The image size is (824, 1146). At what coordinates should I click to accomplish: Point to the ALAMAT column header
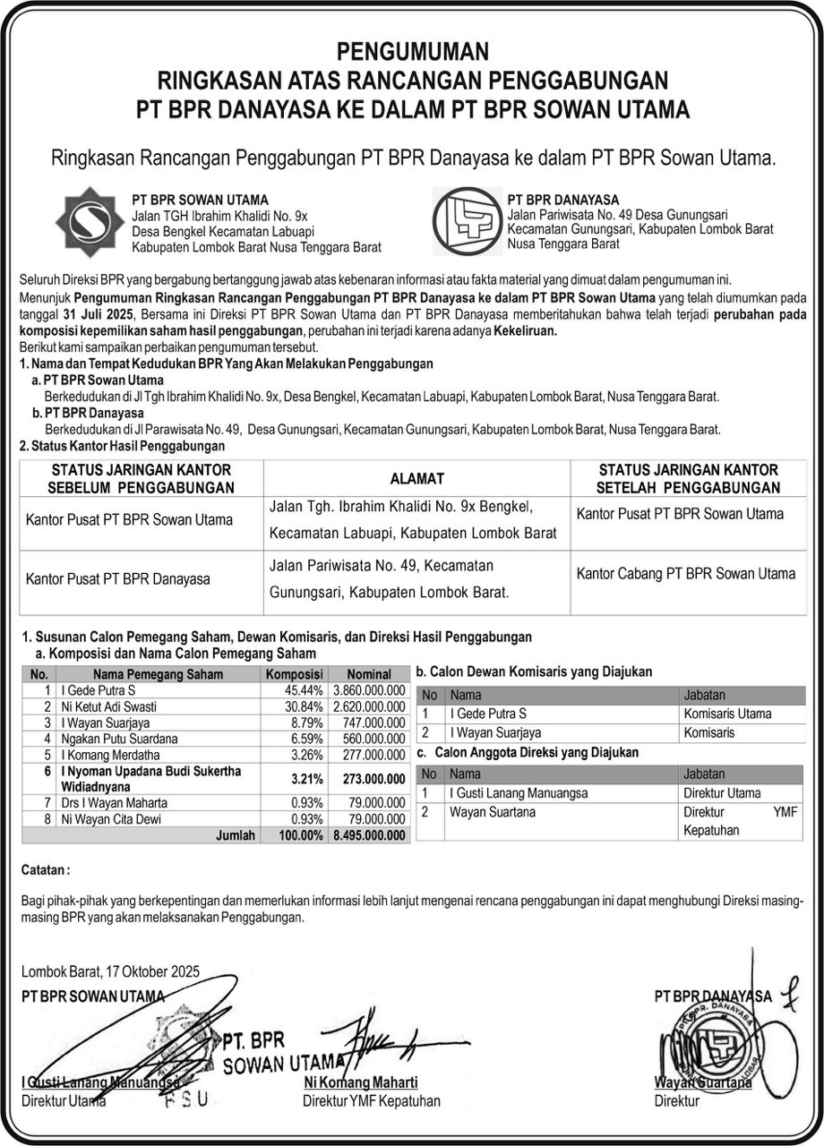[416, 479]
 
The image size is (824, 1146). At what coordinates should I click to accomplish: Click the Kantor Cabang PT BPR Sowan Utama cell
[685, 574]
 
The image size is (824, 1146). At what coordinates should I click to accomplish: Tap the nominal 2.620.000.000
[369, 706]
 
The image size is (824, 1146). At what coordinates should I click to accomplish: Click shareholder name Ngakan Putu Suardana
[117, 739]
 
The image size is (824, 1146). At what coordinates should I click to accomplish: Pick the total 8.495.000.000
[369, 835]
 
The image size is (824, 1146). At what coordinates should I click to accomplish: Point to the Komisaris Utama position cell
[726, 714]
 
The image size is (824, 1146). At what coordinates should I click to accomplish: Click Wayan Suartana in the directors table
[493, 812]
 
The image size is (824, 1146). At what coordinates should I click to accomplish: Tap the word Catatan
[44, 869]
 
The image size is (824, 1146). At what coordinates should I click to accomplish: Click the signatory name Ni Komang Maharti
[360, 1083]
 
